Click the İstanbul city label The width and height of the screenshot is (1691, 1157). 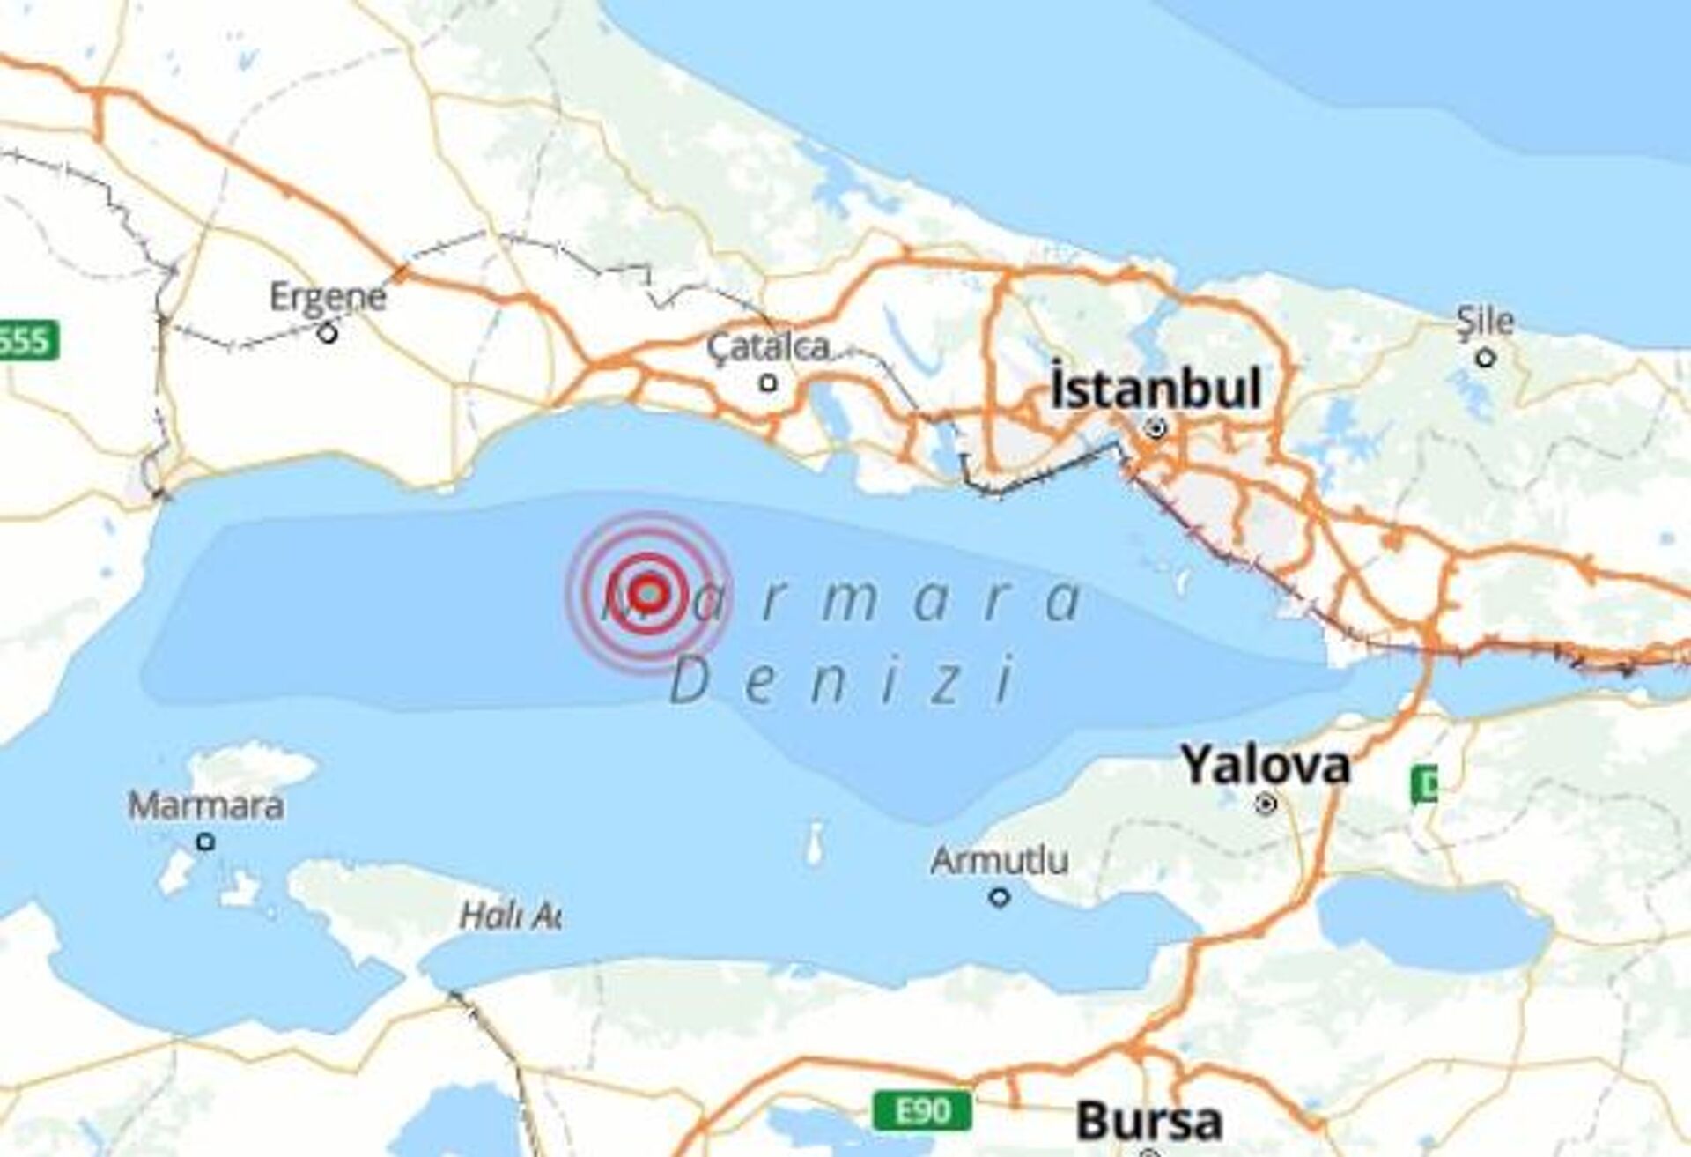pyautogui.click(x=1156, y=389)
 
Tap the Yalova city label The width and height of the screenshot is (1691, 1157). pyautogui.click(x=1265, y=765)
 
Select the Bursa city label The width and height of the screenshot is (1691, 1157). pyautogui.click(x=1148, y=1122)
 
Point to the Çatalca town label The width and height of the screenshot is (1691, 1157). pyautogui.click(x=768, y=347)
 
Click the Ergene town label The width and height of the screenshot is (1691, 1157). pyautogui.click(x=328, y=297)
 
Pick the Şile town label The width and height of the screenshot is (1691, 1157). pyautogui.click(x=1485, y=322)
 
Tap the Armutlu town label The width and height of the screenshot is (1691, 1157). pyautogui.click(x=1000, y=860)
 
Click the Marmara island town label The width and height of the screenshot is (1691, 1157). pyautogui.click(x=206, y=805)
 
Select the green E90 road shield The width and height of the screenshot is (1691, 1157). pyautogui.click(x=923, y=1111)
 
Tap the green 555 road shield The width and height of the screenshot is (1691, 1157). pyautogui.click(x=26, y=341)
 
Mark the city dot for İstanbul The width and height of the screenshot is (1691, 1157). pyautogui.click(x=1156, y=429)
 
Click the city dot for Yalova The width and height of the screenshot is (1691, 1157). pyautogui.click(x=1266, y=804)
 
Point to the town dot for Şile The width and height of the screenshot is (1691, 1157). pyautogui.click(x=1486, y=358)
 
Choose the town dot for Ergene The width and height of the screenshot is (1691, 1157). pyautogui.click(x=328, y=334)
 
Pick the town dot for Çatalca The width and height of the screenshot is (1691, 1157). pyautogui.click(x=769, y=383)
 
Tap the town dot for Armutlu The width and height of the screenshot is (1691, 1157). pyautogui.click(x=999, y=898)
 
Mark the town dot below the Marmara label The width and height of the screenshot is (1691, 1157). pyautogui.click(x=205, y=842)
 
